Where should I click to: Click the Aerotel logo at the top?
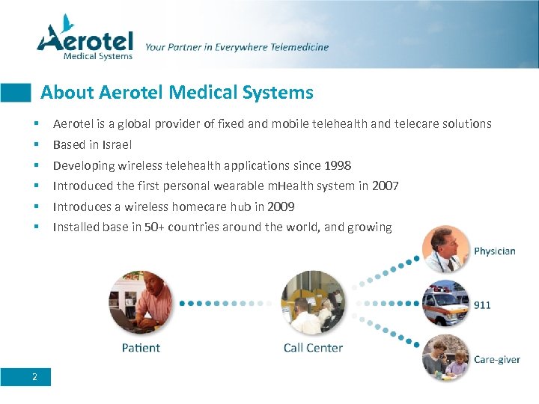[x=85, y=38]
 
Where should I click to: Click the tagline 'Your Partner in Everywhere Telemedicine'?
[x=237, y=47]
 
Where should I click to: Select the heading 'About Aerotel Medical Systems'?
[x=177, y=93]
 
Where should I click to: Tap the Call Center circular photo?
[x=313, y=303]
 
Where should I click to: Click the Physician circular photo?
[x=447, y=249]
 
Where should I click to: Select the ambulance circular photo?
[x=447, y=304]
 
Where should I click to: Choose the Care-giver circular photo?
[x=447, y=357]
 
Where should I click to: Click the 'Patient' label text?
[x=141, y=348]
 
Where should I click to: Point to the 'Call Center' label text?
[x=313, y=348]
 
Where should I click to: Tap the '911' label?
[x=483, y=305]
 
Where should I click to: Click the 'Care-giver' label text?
[x=497, y=359]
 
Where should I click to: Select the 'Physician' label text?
[x=495, y=251]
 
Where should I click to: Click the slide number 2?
[x=34, y=376]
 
